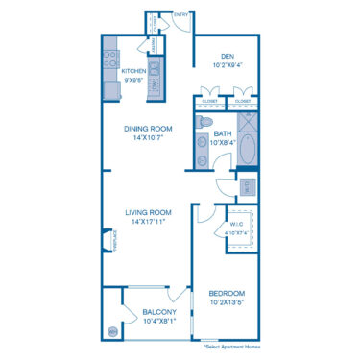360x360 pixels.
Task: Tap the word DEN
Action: (227, 56)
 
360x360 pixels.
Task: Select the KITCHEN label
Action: (132, 70)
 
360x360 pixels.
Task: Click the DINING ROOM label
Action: (148, 128)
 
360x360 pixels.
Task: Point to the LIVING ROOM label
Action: (148, 212)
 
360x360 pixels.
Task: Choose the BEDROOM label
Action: (227, 292)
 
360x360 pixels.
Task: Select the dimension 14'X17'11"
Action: (148, 222)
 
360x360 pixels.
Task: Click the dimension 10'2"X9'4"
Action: (227, 64)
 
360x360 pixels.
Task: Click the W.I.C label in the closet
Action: (236, 225)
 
